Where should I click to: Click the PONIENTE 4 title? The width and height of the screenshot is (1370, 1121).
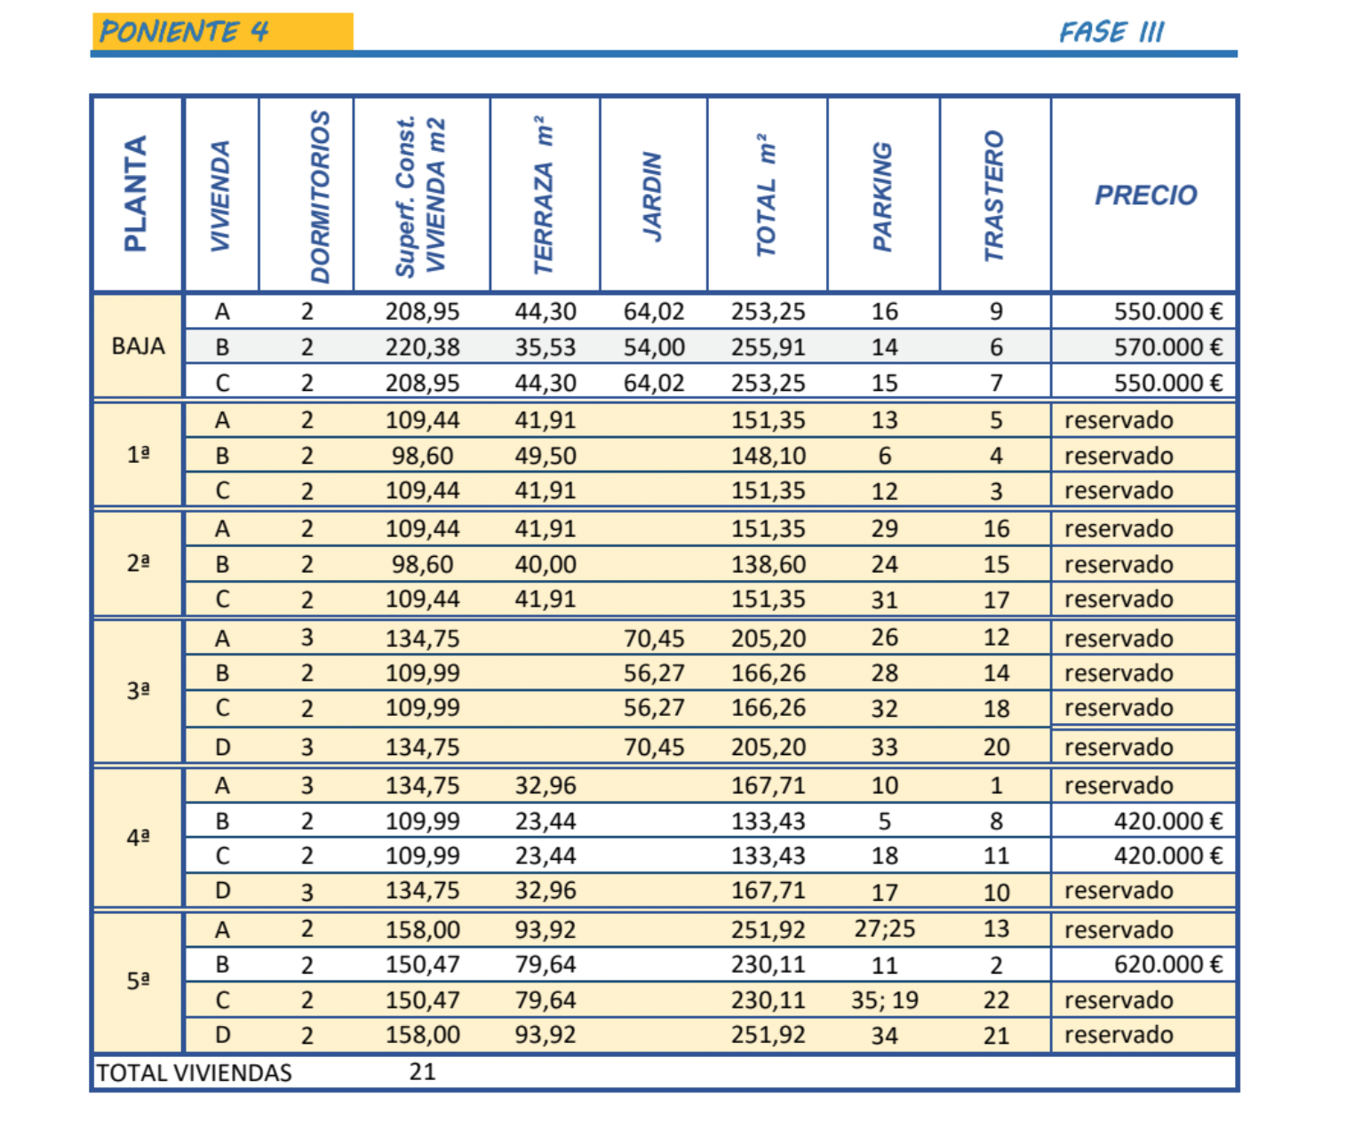[x=184, y=31]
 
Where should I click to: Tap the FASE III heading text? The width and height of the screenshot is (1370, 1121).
[x=1111, y=32]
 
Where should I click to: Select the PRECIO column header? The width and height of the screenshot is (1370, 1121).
[x=1145, y=195]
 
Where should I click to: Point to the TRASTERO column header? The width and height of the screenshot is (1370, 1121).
[x=993, y=195]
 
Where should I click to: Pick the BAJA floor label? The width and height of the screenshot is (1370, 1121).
[x=138, y=346]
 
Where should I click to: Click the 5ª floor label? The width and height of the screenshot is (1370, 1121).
[x=138, y=981]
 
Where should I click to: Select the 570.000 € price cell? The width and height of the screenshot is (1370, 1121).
[x=1168, y=347]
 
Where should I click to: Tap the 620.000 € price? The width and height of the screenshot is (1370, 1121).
[x=1168, y=965]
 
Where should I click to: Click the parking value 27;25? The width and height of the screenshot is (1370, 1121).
[x=884, y=929]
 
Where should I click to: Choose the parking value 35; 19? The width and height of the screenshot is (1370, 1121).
[x=884, y=1000]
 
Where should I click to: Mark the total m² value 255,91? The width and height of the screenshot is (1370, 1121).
[x=768, y=347]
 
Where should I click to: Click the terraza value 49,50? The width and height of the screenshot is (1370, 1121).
[x=545, y=456]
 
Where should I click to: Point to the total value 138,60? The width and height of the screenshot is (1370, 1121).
[x=768, y=564]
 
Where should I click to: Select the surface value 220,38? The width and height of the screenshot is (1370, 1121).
[x=422, y=347]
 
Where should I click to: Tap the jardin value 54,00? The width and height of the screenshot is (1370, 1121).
[x=654, y=347]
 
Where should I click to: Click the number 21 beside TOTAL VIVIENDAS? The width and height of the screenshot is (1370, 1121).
[x=422, y=1071]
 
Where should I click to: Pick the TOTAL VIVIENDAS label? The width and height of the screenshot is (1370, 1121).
[x=195, y=1073]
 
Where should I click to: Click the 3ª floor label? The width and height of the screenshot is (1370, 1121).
[x=138, y=690]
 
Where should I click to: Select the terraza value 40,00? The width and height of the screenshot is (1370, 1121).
[x=545, y=564]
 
